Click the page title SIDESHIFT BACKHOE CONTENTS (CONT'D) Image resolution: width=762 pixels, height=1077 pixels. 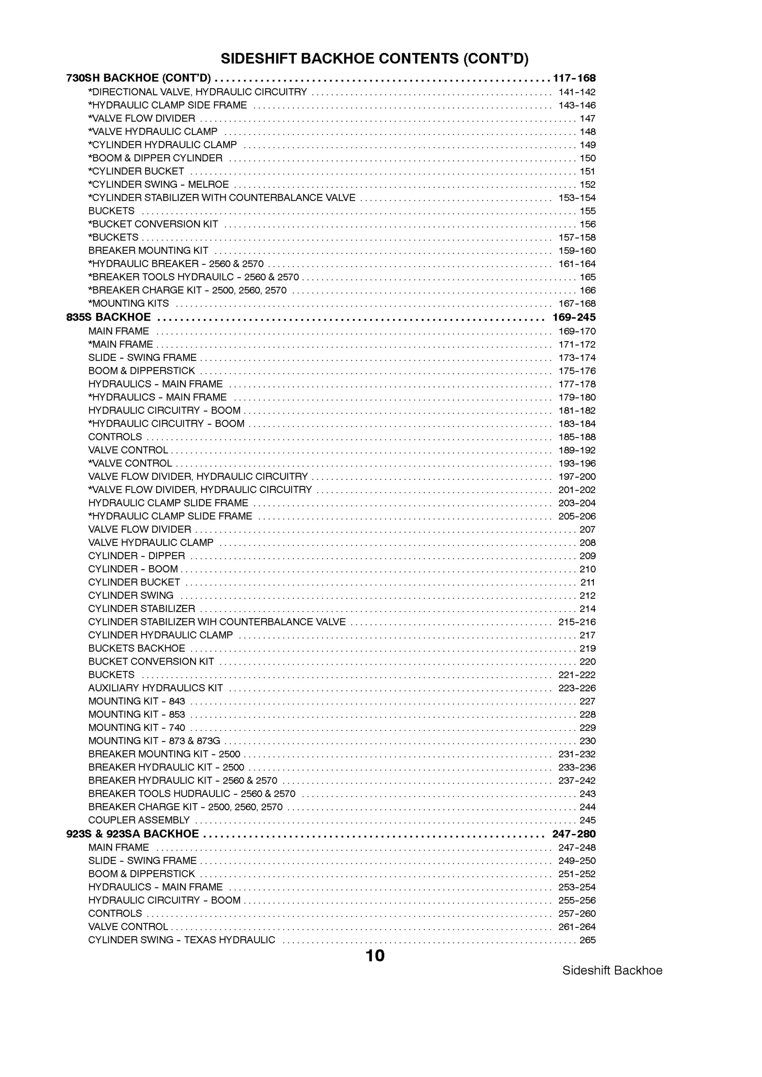coord(375,59)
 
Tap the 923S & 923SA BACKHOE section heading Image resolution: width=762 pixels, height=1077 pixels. coord(132,834)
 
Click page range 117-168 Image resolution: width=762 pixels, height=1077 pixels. coord(574,78)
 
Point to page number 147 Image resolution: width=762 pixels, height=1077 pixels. coord(587,119)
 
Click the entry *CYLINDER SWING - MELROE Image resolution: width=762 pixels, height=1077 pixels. coord(158,184)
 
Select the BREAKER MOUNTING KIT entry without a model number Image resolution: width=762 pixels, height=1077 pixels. coord(148,250)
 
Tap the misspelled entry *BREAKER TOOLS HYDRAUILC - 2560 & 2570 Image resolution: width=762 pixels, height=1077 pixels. coord(193,277)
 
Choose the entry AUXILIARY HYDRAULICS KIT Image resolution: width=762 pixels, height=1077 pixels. coord(156,688)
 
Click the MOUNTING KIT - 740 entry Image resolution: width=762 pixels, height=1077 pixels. coord(137,728)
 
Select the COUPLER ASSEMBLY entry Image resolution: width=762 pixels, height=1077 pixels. coord(139,820)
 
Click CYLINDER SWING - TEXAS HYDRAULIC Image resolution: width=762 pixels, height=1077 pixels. coord(182,939)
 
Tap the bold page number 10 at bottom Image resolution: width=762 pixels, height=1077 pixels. coord(375,955)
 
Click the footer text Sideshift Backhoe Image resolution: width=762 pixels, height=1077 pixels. coord(612,970)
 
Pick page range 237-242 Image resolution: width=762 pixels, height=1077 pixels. coord(577,780)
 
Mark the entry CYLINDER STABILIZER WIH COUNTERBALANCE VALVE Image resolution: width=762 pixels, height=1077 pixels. coord(217,621)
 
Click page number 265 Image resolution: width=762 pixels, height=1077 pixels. coord(587,939)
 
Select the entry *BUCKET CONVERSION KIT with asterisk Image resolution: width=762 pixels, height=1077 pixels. coord(153,224)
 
